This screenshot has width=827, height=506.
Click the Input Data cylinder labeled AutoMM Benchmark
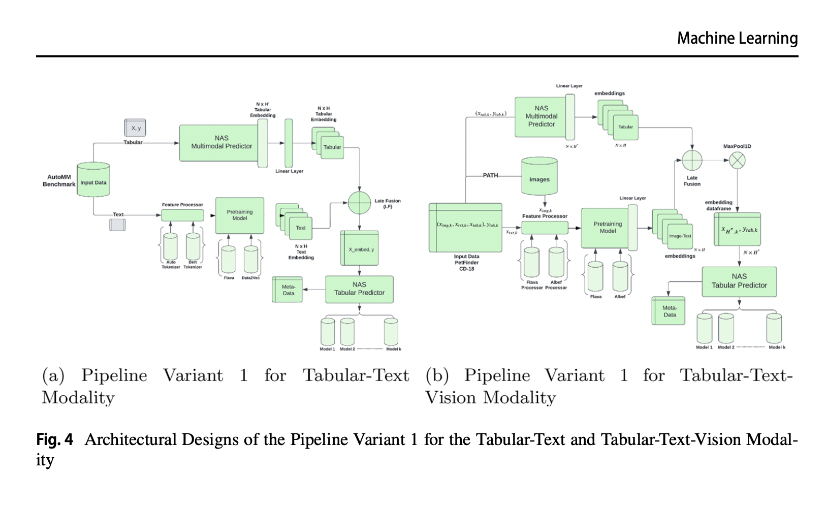[93, 180]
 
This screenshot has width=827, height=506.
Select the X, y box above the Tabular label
[135, 128]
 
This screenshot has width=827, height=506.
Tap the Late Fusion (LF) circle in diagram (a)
[360, 203]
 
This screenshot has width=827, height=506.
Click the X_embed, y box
[360, 248]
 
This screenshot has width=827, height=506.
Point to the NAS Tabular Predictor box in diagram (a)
[359, 289]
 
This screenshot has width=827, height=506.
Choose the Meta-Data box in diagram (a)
[288, 290]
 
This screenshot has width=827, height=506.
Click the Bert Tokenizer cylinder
[193, 246]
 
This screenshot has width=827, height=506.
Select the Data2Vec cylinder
[250, 259]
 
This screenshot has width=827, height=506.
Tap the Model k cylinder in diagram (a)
[391, 332]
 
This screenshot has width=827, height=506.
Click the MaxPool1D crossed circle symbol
[737, 161]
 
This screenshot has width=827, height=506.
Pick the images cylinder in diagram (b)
[539, 176]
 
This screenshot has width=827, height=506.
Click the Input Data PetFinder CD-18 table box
[465, 228]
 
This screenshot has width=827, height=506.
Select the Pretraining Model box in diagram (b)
[608, 228]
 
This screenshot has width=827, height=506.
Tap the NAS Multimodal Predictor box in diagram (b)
[541, 117]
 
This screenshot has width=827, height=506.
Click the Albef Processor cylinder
[556, 262]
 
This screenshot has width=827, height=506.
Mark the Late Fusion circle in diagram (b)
[692, 161]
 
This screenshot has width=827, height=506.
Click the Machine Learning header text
[737, 38]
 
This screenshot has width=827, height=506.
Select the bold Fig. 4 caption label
[54, 439]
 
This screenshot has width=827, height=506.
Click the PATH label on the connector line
[490, 175]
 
